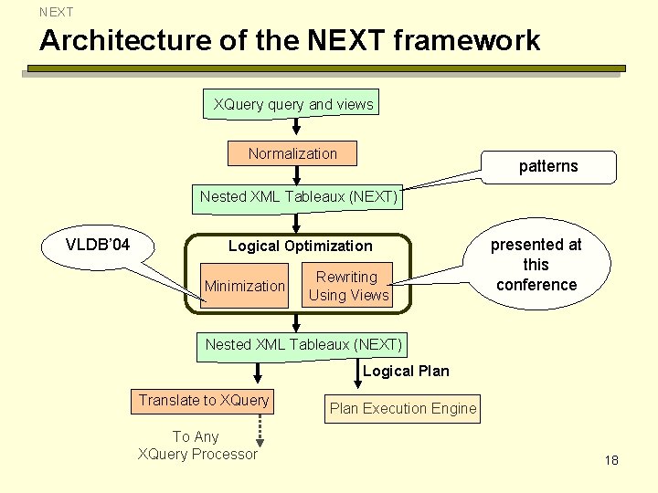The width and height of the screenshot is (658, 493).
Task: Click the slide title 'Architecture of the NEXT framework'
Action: tap(290, 41)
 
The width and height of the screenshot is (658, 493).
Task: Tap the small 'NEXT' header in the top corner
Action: tap(56, 12)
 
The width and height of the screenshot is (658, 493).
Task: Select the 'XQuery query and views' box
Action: tap(293, 104)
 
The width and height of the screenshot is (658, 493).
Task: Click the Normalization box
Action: tap(292, 153)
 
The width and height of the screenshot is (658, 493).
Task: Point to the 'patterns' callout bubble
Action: tap(548, 165)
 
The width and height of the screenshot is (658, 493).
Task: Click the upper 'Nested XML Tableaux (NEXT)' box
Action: tap(299, 196)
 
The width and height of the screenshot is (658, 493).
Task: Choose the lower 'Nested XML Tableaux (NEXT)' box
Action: tap(303, 344)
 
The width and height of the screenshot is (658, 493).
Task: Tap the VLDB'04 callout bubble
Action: tap(98, 245)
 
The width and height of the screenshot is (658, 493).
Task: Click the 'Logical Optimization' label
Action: tap(300, 246)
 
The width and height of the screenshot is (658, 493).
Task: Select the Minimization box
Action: tap(244, 286)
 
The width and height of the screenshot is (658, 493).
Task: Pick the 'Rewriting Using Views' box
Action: tap(348, 286)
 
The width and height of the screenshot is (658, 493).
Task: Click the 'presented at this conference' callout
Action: tap(536, 265)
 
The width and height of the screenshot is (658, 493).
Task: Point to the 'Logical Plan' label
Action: tap(406, 371)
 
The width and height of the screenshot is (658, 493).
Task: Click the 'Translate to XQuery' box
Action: tap(204, 400)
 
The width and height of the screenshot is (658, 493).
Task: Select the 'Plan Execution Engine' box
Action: tap(403, 408)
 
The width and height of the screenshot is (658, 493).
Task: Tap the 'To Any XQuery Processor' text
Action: tap(196, 446)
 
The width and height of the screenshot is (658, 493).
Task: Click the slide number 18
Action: tap(611, 460)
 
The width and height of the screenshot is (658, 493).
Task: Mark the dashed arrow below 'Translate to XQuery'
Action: tap(260, 427)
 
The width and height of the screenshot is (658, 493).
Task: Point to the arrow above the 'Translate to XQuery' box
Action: tap(258, 372)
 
